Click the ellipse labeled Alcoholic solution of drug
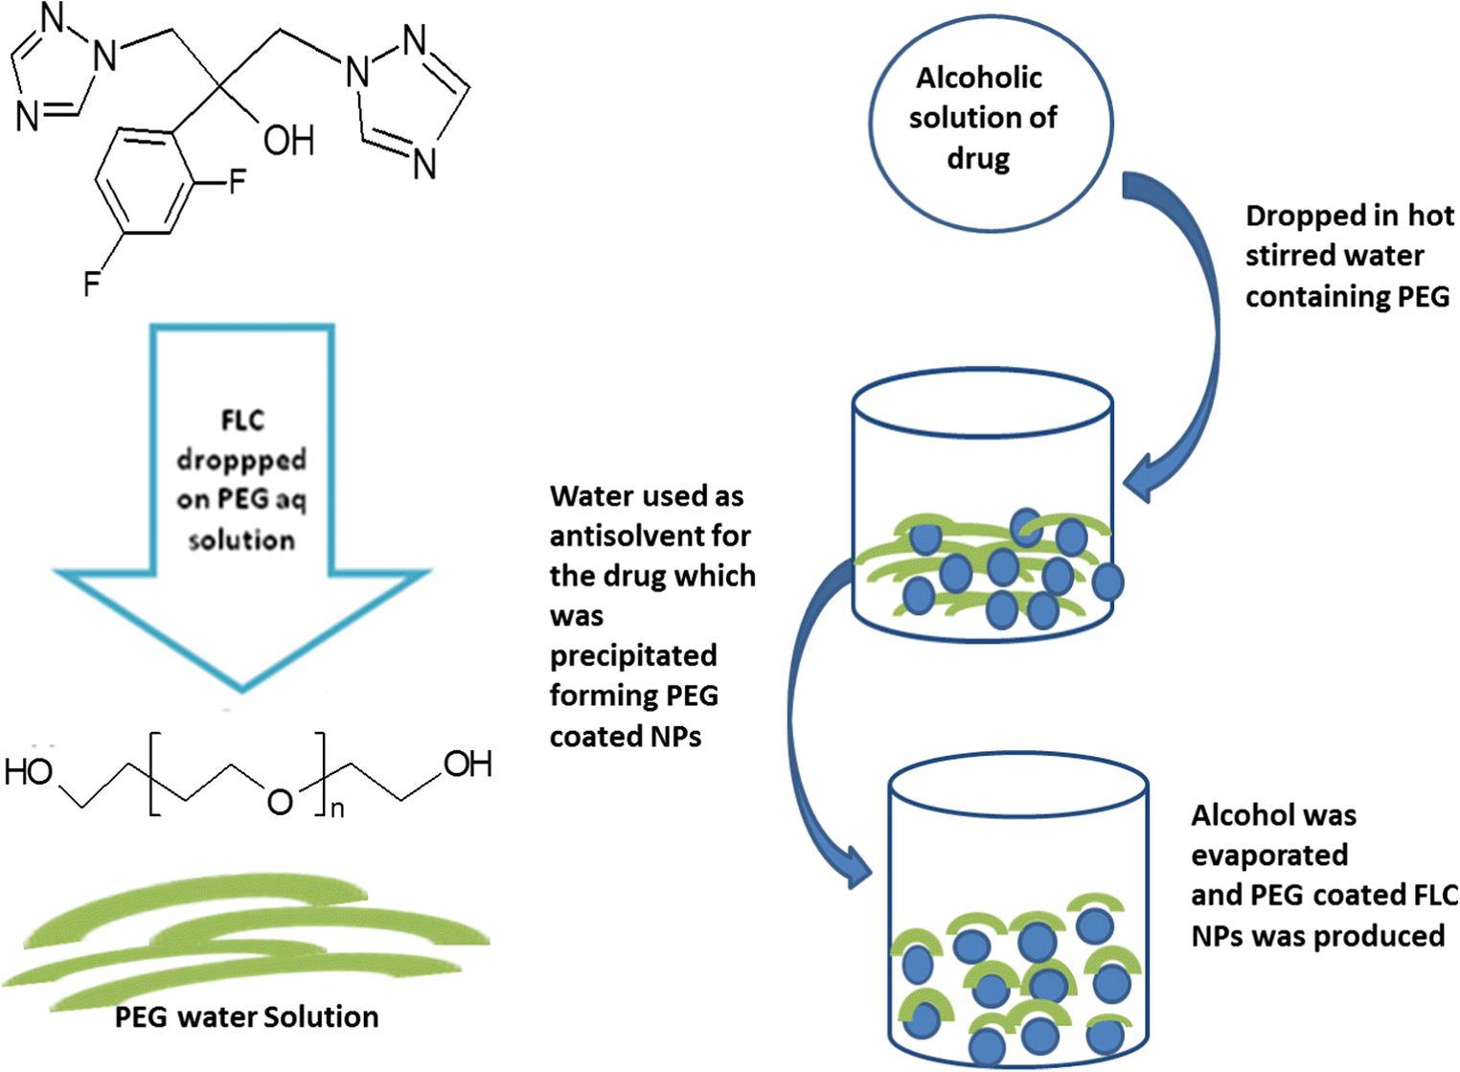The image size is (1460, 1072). coord(990,123)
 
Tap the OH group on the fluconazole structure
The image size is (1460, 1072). coord(288,141)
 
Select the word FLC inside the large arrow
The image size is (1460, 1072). coord(241,421)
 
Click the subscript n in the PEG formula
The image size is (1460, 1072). coord(337,810)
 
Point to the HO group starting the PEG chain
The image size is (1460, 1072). coord(29,771)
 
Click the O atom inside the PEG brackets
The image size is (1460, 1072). coord(280,801)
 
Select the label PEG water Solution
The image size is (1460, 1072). coord(246,1016)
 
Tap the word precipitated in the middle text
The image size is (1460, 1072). coord(633,655)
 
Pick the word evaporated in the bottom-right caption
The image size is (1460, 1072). coord(1269,855)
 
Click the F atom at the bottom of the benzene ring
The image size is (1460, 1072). coord(92,284)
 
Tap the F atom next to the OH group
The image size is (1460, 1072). coord(237,181)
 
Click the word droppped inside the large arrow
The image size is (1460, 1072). coord(241,460)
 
